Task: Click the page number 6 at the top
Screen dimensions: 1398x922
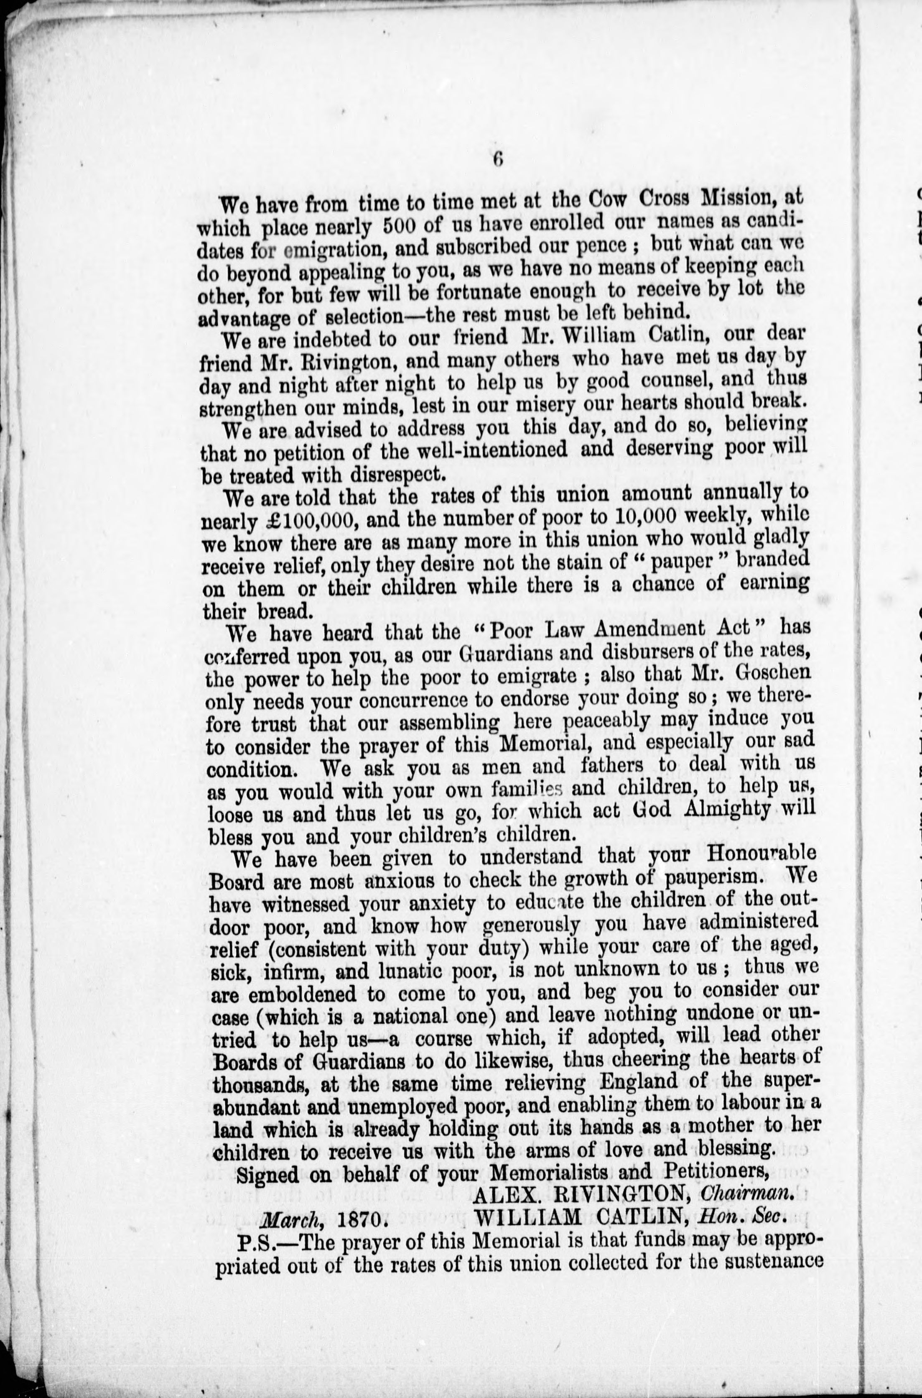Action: pyautogui.click(x=498, y=161)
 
